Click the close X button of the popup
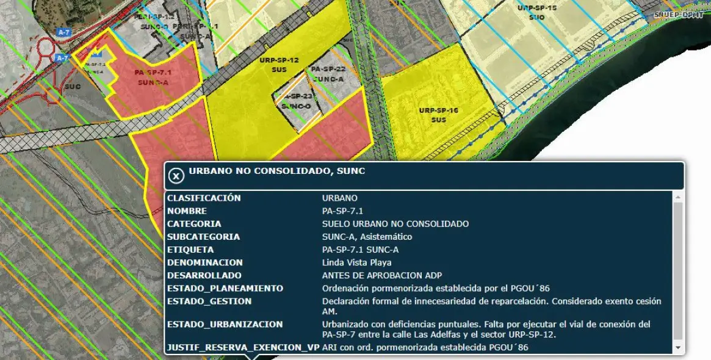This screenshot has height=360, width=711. click(176, 176)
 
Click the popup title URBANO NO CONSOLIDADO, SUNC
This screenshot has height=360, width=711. click(276, 171)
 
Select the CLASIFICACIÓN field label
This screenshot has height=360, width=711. click(204, 198)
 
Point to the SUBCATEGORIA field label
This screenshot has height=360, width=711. click(203, 237)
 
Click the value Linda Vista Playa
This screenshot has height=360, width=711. click(356, 263)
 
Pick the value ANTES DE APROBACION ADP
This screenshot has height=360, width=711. click(381, 276)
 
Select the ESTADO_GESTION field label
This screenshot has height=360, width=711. click(209, 301)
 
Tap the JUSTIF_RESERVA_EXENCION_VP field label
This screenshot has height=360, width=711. click(243, 348)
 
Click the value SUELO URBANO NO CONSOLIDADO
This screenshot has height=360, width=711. click(395, 224)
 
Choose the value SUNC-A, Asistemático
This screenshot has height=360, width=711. click(367, 237)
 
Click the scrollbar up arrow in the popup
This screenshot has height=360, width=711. click(678, 198)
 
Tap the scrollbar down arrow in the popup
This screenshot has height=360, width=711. click(678, 348)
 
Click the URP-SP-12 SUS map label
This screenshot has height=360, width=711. click(279, 64)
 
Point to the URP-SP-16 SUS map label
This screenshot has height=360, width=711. click(438, 115)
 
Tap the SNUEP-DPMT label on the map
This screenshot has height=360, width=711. click(678, 15)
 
